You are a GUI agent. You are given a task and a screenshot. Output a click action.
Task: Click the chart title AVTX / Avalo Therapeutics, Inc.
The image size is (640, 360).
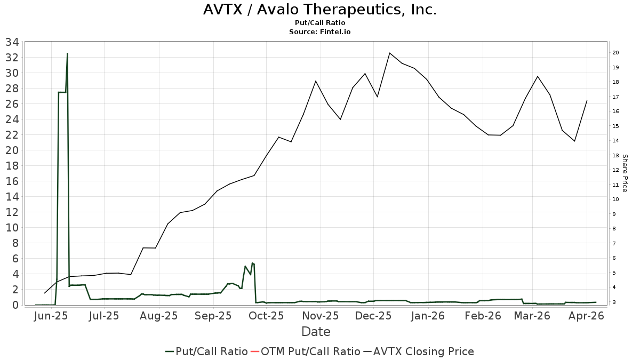320,10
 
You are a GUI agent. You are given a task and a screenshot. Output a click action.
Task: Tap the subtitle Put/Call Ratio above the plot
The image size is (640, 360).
320,23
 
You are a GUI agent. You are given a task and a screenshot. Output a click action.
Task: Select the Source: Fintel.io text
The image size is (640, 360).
320,31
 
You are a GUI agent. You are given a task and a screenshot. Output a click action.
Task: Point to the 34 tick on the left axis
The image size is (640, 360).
12,42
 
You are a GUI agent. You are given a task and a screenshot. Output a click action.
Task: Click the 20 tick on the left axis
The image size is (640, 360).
12,150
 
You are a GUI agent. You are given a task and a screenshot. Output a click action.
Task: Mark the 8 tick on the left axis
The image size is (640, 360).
16,243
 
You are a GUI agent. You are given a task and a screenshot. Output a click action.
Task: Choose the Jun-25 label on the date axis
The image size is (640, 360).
50,316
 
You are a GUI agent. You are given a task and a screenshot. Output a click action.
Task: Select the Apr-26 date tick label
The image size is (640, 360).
587,316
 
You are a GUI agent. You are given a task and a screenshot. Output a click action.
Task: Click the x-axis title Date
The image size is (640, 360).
316,332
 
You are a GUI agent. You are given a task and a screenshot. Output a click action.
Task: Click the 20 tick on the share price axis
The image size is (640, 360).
615,53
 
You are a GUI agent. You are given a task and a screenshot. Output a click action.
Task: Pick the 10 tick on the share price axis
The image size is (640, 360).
615,199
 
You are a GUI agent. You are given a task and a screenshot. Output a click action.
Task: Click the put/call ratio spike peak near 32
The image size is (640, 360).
67,53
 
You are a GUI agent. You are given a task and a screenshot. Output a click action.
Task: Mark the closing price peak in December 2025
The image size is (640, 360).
390,53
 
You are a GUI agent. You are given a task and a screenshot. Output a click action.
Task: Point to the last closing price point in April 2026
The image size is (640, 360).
587,101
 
